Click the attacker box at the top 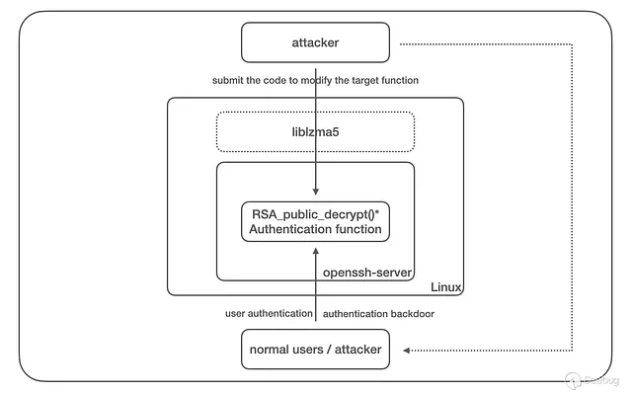315,43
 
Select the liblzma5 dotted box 315,130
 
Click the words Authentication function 315,229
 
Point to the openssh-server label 366,271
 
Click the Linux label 446,287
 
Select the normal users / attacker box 315,350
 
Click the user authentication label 267,313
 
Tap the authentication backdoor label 378,313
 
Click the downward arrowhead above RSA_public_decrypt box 316,195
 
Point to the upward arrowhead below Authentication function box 316,251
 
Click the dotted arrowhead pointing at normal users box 411,350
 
